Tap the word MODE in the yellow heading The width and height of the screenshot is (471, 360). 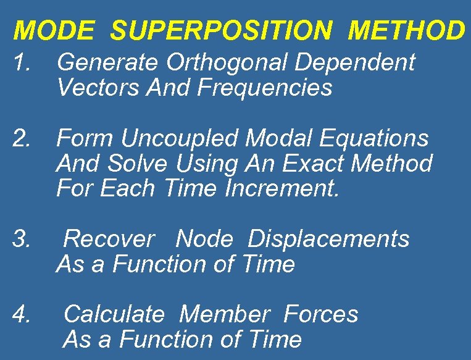click(x=55, y=30)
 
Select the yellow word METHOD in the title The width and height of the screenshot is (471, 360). click(x=405, y=30)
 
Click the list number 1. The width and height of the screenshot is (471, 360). click(x=23, y=62)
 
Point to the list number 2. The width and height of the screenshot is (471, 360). click(x=23, y=138)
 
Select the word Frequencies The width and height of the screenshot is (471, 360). click(x=265, y=88)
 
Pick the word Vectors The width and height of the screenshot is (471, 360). click(x=99, y=88)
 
